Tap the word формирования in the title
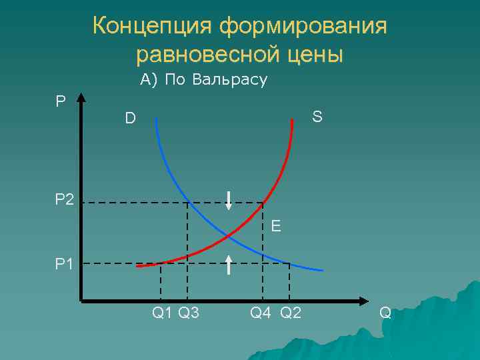point(304,27)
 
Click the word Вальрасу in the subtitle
point(229,81)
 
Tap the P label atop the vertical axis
point(61,101)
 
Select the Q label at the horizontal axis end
point(385,312)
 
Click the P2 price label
point(65,199)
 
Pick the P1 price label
point(65,264)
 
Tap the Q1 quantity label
point(162,312)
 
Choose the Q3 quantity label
point(189,312)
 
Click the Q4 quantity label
point(261,312)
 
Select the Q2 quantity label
point(291,312)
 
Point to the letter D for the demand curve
point(130,119)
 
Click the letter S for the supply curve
point(317,117)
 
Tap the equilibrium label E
point(275,227)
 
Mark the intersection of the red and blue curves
point(229,235)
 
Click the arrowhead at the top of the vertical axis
point(81,98)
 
